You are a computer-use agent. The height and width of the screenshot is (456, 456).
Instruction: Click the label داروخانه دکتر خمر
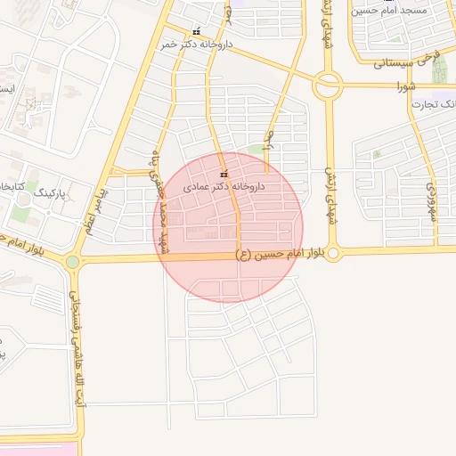tap(198, 43)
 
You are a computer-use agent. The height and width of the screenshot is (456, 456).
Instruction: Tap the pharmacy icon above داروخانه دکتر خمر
tap(197, 31)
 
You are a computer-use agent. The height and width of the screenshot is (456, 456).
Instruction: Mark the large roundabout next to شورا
tap(328, 85)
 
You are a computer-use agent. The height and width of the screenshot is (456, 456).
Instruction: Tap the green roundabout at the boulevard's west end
tap(72, 262)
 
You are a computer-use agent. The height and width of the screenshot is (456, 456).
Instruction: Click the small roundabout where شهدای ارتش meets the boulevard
tap(333, 253)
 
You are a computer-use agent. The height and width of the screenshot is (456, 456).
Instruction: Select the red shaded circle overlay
tap(200, 267)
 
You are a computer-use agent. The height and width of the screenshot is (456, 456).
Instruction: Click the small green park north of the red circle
tap(256, 149)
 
